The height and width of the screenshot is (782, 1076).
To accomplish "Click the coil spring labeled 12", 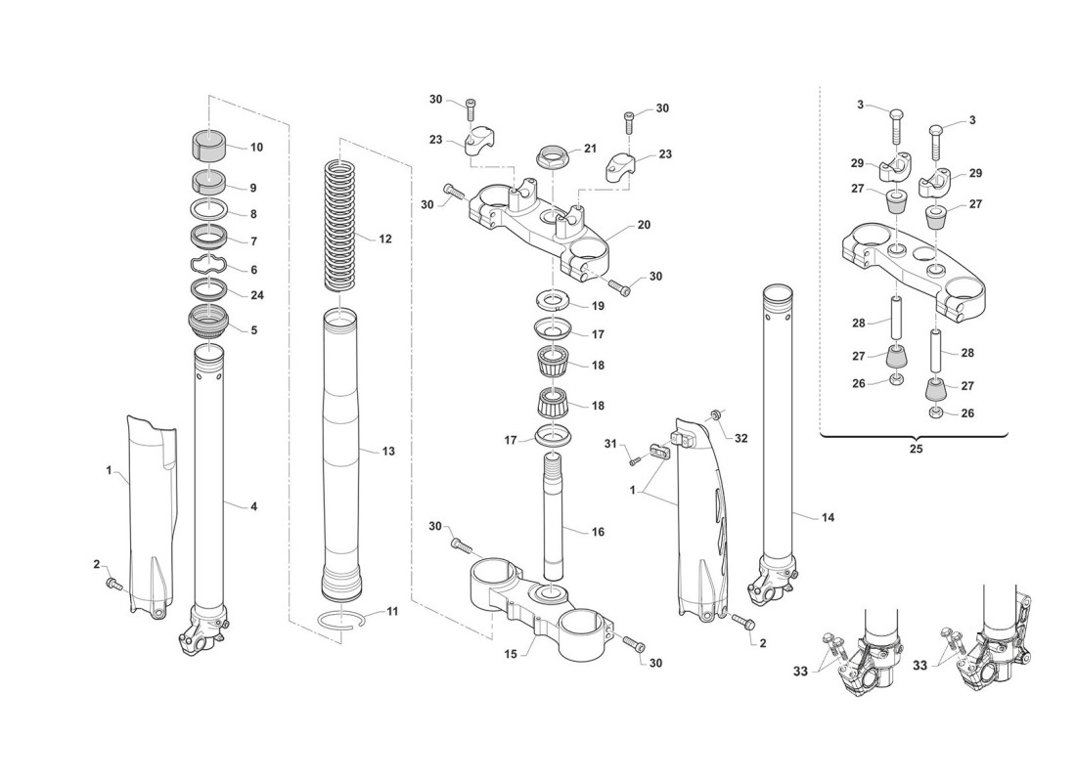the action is coord(340,223).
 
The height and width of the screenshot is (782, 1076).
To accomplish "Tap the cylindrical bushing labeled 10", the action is coord(208,144).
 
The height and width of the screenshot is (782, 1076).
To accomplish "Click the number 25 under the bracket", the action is coord(916,449).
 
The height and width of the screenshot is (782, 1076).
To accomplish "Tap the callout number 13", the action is coord(388,451).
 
